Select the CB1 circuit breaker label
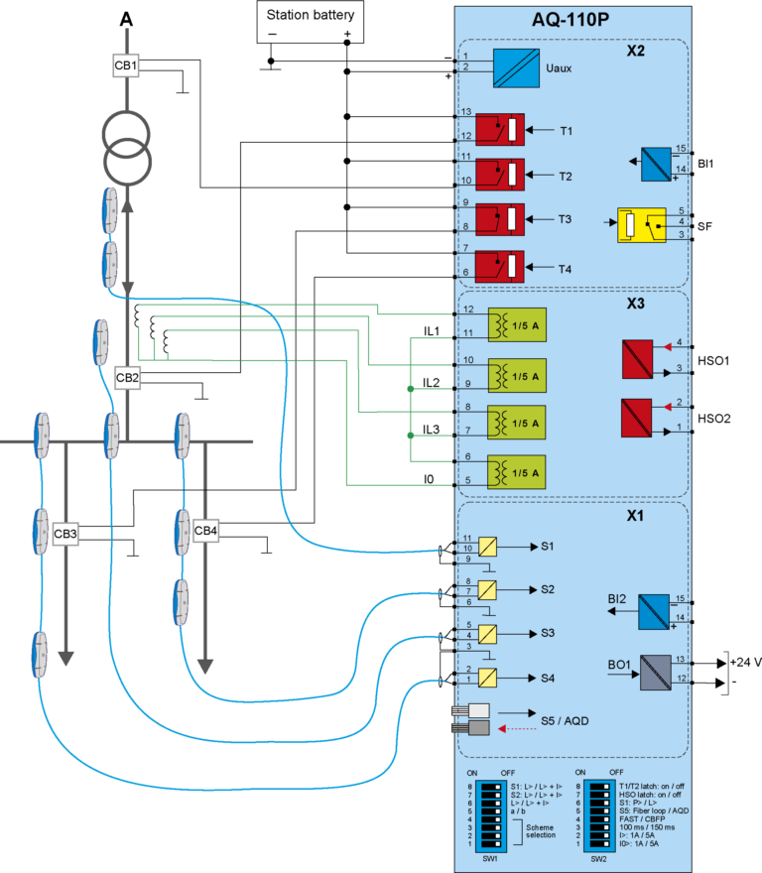[x=126, y=66]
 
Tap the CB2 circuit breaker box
[x=127, y=377]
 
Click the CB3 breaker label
[x=65, y=534]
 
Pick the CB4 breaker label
[x=205, y=531]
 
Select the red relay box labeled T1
[x=500, y=130]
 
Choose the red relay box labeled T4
[x=500, y=267]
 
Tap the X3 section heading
[x=636, y=304]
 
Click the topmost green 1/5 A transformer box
[x=517, y=325]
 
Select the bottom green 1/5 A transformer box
[x=517, y=471]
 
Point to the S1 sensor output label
[x=548, y=547]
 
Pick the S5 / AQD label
[x=564, y=719]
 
